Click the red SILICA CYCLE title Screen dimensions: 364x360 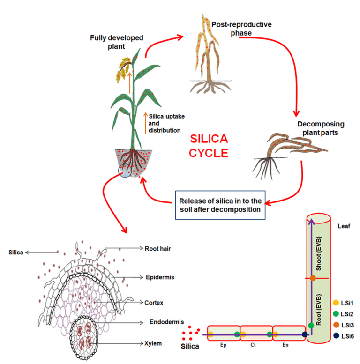(x=209, y=146)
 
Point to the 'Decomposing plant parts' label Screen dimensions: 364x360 (x=321, y=128)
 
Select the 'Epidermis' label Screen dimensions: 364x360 (x=159, y=277)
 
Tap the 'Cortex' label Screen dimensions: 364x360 (x=154, y=303)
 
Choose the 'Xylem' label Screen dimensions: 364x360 (x=152, y=343)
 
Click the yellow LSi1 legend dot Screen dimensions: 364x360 (x=335, y=304)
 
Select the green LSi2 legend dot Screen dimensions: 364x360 (x=335, y=314)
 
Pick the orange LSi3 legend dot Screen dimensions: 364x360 (x=335, y=325)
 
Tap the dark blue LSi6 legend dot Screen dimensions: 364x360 (x=335, y=335)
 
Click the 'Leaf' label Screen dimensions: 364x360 (x=344, y=226)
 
